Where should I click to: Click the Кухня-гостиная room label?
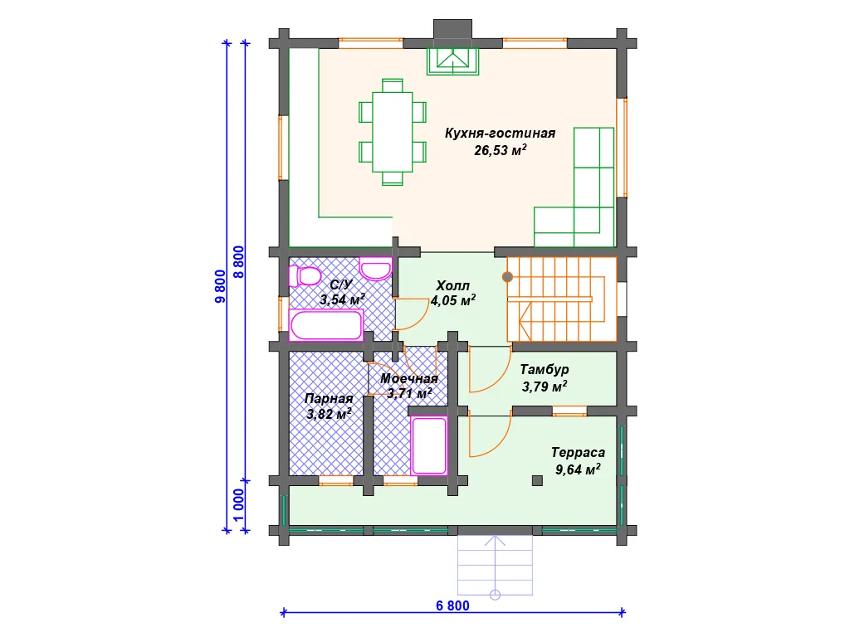(x=500, y=134)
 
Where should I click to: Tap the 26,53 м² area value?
(x=500, y=150)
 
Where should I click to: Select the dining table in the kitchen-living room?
(x=392, y=132)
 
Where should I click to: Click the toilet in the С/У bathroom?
(x=305, y=276)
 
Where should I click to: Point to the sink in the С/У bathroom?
(x=376, y=270)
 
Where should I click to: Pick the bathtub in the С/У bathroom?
(x=325, y=325)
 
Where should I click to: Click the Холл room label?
(x=452, y=285)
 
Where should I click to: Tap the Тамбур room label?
(x=545, y=369)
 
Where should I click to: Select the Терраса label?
(x=578, y=452)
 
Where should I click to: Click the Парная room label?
(x=329, y=399)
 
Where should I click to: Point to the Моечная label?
(x=408, y=378)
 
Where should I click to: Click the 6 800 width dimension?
(x=452, y=605)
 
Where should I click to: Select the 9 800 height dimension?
(x=220, y=286)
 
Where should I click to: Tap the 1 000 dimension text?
(x=238, y=505)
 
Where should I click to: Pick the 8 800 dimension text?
(x=238, y=262)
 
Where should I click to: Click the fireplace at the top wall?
(x=452, y=61)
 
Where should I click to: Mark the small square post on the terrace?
(x=537, y=480)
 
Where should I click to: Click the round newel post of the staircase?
(x=507, y=277)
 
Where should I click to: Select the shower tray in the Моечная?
(x=429, y=445)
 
